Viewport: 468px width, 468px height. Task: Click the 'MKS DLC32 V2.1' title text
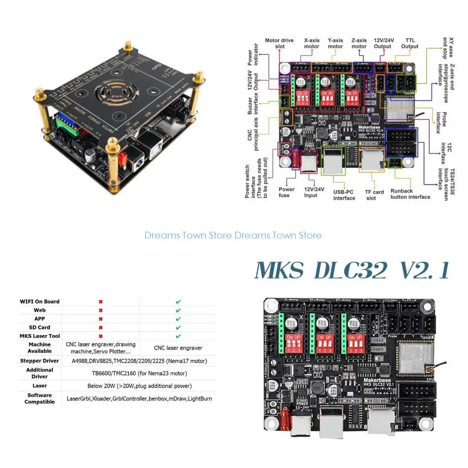(x=352, y=271)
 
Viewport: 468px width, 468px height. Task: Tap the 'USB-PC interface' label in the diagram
(x=344, y=195)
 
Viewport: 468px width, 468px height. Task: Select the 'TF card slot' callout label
(x=374, y=195)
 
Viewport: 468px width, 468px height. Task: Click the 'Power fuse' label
(x=287, y=192)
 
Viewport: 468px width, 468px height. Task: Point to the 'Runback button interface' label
(x=410, y=194)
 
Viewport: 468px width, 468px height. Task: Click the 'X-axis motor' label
(x=312, y=43)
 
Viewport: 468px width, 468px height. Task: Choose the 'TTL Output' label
(x=409, y=43)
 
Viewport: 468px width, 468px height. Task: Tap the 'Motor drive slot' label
(x=279, y=43)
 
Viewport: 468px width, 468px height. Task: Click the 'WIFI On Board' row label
(x=40, y=302)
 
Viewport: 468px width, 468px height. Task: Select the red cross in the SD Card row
(x=101, y=328)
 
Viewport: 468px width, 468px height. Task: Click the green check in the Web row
(x=178, y=310)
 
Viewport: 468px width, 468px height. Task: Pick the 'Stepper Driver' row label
(x=40, y=361)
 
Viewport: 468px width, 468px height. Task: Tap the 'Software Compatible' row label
(x=40, y=399)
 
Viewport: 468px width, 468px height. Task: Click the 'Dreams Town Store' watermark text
(x=233, y=235)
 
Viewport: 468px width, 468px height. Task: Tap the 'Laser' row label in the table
(x=40, y=386)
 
